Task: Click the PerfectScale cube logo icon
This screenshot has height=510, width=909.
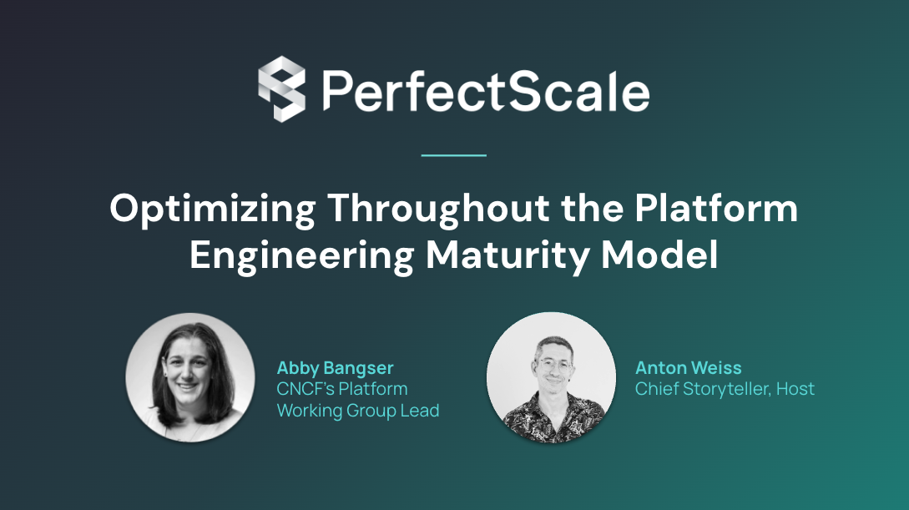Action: tap(281, 88)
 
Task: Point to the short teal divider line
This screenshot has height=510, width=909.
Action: tap(453, 155)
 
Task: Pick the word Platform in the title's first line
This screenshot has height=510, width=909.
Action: tap(716, 209)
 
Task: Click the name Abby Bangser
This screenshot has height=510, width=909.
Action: tap(335, 368)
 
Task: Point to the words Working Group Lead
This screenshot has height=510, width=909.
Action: tap(357, 411)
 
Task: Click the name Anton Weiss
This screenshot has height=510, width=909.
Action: tap(688, 368)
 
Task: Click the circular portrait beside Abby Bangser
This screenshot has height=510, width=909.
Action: tap(190, 377)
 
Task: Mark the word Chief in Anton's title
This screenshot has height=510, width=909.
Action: tap(655, 389)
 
